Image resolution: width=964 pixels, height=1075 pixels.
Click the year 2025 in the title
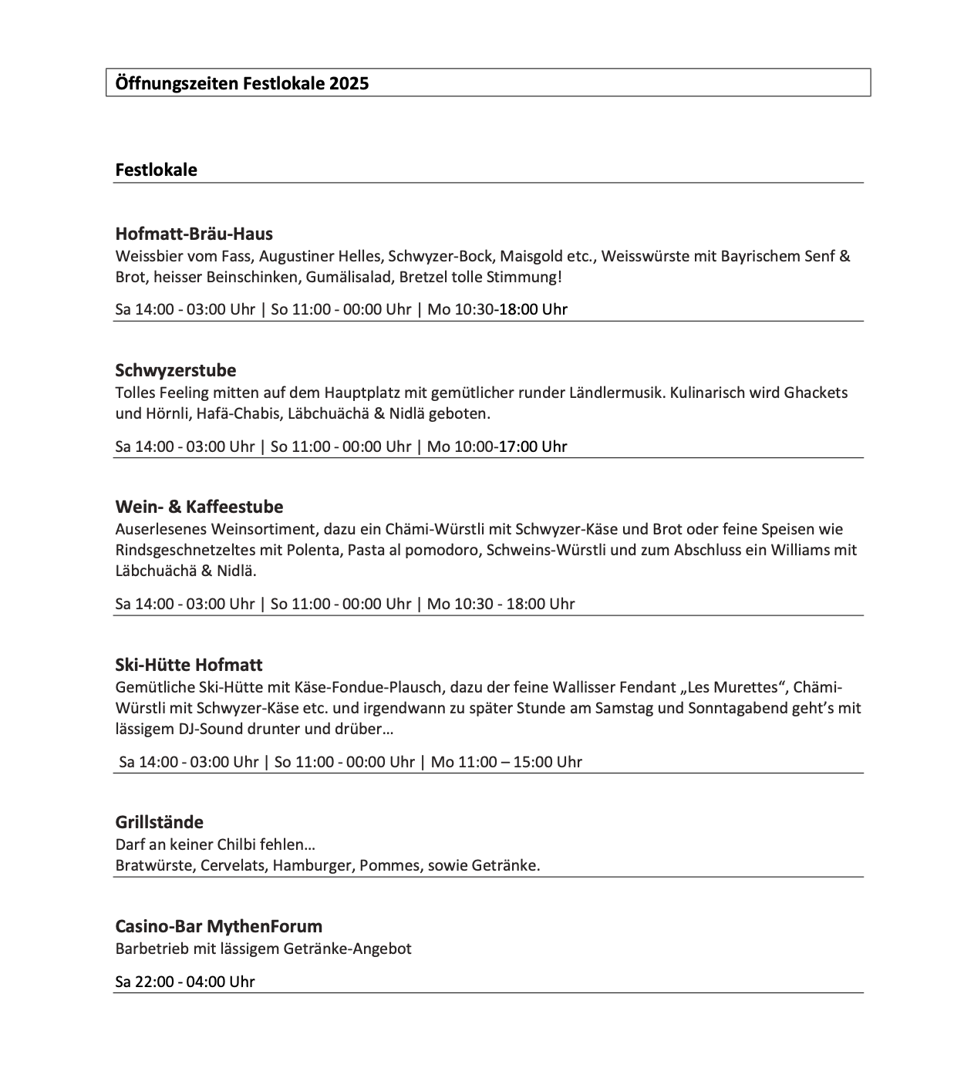coord(349,83)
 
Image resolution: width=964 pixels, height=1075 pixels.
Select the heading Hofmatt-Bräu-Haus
coord(194,234)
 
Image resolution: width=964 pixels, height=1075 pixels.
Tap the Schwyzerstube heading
coord(175,370)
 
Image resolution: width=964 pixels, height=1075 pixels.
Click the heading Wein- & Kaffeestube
coord(199,507)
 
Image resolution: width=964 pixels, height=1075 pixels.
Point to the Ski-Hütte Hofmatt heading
coord(188,665)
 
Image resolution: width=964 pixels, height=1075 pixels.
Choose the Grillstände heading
coord(159,822)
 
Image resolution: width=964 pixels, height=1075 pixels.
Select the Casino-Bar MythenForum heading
coord(218,926)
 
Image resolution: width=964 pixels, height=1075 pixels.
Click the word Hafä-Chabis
coord(239,413)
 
